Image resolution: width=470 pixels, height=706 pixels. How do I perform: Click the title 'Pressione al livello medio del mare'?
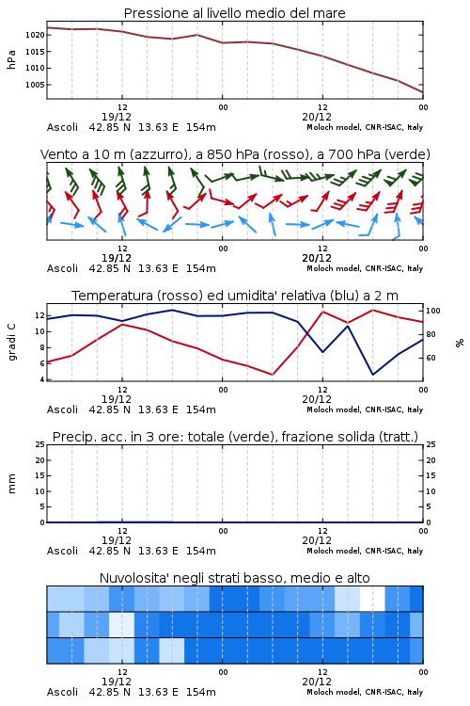point(234,13)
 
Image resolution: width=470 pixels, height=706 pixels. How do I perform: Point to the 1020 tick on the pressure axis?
point(35,35)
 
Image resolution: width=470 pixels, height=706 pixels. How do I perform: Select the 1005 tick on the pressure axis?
point(35,85)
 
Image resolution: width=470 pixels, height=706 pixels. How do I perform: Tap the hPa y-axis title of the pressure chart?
point(11,59)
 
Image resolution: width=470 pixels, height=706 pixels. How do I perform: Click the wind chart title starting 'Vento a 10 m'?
point(235,154)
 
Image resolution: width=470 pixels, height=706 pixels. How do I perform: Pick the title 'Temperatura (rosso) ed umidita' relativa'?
point(235,296)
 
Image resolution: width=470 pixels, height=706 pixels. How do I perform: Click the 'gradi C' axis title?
point(12,343)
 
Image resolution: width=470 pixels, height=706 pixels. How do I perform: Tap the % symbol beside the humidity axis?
point(460,343)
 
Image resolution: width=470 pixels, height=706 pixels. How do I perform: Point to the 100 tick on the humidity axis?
point(433,311)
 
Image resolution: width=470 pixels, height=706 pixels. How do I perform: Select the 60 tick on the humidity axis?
point(431,358)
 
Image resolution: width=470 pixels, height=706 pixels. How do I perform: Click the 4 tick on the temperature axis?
point(42,379)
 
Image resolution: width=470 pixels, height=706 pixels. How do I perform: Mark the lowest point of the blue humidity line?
point(373,375)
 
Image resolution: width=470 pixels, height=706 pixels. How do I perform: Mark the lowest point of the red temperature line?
point(273,375)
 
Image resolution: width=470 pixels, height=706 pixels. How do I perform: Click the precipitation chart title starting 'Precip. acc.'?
point(235,437)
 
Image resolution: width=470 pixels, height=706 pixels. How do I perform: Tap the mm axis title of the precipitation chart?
point(12,484)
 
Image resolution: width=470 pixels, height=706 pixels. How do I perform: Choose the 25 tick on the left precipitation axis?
point(40,444)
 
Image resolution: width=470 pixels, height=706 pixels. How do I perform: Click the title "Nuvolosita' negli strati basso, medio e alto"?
point(234,578)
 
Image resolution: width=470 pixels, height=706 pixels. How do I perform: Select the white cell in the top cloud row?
point(372,599)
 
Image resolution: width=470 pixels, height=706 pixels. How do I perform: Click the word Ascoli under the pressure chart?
point(62,127)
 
